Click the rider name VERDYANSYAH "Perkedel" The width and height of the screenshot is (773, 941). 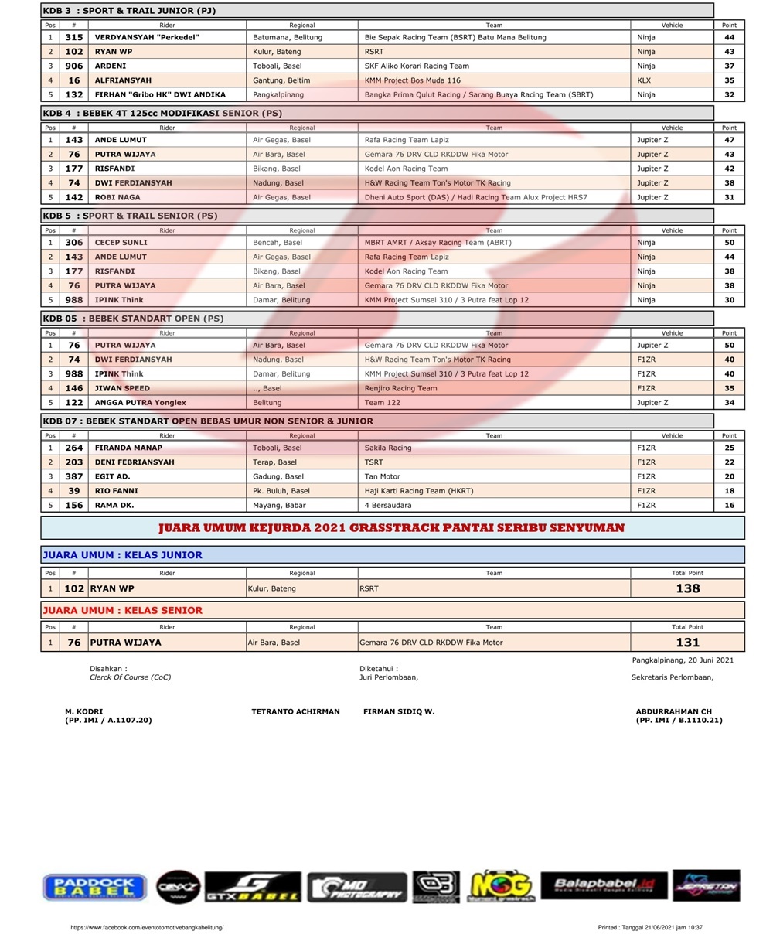point(147,37)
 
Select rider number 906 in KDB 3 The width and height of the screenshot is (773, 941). point(74,66)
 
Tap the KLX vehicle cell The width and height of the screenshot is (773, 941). point(644,80)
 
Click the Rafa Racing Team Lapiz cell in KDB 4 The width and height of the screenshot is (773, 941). point(407,140)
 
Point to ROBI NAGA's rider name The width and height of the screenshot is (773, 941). point(117,197)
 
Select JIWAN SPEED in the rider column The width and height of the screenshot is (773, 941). point(122,388)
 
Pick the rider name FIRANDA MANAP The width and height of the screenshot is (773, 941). point(128,448)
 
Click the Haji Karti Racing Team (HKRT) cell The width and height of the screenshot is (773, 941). point(419,490)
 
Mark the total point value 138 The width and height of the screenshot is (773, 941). point(687,588)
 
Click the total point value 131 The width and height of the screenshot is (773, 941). point(687,643)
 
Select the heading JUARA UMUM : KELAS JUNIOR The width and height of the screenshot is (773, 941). point(122,554)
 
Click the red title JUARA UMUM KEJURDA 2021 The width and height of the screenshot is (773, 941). point(391,528)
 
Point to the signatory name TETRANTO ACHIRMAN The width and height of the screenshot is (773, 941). point(295,711)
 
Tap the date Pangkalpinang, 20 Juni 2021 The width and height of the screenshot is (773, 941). point(683,660)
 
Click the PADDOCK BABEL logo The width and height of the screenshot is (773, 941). point(94,887)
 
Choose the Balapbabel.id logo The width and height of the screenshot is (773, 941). point(604,885)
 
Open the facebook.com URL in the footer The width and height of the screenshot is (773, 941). point(147,927)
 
